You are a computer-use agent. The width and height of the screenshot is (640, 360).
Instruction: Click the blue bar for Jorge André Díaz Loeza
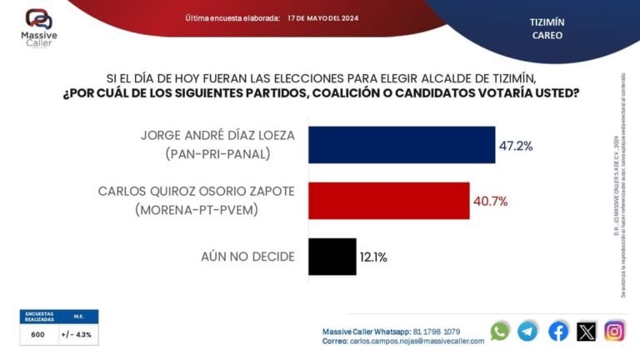pyautogui.click(x=402, y=145)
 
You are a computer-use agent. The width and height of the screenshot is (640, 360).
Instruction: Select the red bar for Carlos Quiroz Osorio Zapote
pyautogui.click(x=389, y=201)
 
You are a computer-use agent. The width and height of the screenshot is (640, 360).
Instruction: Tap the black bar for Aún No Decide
pyautogui.click(x=332, y=256)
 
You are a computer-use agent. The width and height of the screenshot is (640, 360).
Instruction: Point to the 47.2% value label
pyautogui.click(x=516, y=146)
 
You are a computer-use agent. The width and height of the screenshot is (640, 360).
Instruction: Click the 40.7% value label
pyautogui.click(x=491, y=201)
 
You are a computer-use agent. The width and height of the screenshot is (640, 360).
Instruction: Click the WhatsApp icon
pyautogui.click(x=500, y=331)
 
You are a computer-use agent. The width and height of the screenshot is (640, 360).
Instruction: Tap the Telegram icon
pyautogui.click(x=527, y=331)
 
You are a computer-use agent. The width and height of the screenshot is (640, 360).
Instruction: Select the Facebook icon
pyautogui.click(x=558, y=331)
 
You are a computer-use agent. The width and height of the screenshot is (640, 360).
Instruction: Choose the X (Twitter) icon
pyautogui.click(x=587, y=331)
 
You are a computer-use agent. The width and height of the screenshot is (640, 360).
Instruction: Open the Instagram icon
pyautogui.click(x=615, y=331)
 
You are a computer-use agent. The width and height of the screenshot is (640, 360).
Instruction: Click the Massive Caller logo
pyautogui.click(x=38, y=27)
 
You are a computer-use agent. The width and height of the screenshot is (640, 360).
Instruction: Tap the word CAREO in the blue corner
pyautogui.click(x=547, y=36)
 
